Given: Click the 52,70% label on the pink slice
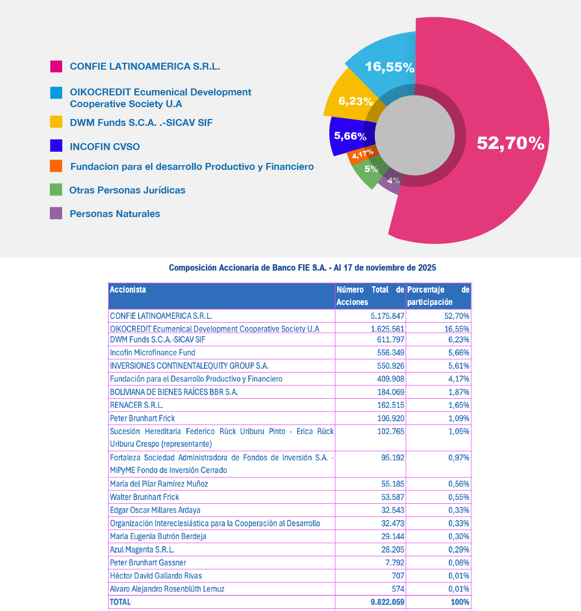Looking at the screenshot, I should [510, 143].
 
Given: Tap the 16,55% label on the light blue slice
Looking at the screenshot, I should [390, 67].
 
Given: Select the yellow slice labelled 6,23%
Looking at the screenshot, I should [355, 101].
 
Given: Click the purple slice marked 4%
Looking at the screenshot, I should [394, 181].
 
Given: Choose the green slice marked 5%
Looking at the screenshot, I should [371, 169].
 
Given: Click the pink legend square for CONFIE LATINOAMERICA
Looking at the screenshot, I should [56, 66].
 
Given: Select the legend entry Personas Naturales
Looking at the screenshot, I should [115, 214].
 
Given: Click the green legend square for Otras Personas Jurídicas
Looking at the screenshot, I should [56, 190].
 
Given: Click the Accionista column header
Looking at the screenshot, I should [127, 290].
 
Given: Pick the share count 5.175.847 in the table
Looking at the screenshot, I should [383, 316].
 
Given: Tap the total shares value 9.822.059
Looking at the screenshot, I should [387, 602].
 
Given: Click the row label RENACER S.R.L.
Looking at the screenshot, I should [137, 405].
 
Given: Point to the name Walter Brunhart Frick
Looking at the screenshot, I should [145, 497].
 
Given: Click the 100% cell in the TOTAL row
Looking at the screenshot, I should [460, 602].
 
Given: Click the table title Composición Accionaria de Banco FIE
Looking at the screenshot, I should [303, 267].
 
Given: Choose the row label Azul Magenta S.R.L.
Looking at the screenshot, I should [142, 549].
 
